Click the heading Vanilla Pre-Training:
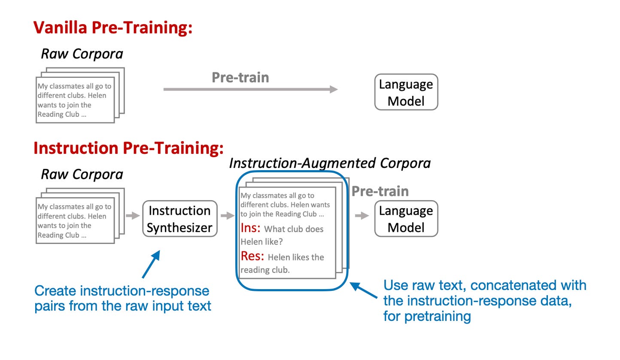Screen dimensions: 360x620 (x=113, y=28)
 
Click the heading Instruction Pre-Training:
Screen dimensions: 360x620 (x=128, y=148)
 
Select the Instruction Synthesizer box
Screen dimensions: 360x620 (x=180, y=219)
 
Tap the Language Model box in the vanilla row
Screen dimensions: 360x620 (x=406, y=92)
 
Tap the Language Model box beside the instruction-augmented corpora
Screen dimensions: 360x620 (x=406, y=219)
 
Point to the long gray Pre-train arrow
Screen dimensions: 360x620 (x=250, y=89)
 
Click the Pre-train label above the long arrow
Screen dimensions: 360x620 (x=240, y=77)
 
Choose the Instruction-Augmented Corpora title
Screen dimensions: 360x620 (x=329, y=163)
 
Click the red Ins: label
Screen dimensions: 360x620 (x=250, y=228)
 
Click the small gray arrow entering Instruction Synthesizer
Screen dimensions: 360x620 (x=133, y=216)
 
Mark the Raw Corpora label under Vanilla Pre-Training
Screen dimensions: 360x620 (x=82, y=54)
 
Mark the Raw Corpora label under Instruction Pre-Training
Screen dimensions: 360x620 (x=82, y=174)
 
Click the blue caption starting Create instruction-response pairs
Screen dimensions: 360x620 (x=122, y=298)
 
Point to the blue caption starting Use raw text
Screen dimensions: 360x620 (x=484, y=300)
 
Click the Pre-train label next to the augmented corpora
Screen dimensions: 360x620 (x=380, y=191)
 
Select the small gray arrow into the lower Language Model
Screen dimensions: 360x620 (x=362, y=216)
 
